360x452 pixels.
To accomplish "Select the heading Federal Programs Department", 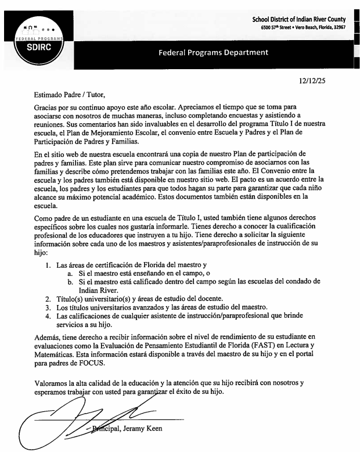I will click(x=213, y=53).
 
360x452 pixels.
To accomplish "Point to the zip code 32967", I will click(x=341, y=27).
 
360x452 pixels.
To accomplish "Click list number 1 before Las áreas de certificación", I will click(x=48, y=266).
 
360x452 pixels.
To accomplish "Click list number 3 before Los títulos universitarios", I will click(x=48, y=307).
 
